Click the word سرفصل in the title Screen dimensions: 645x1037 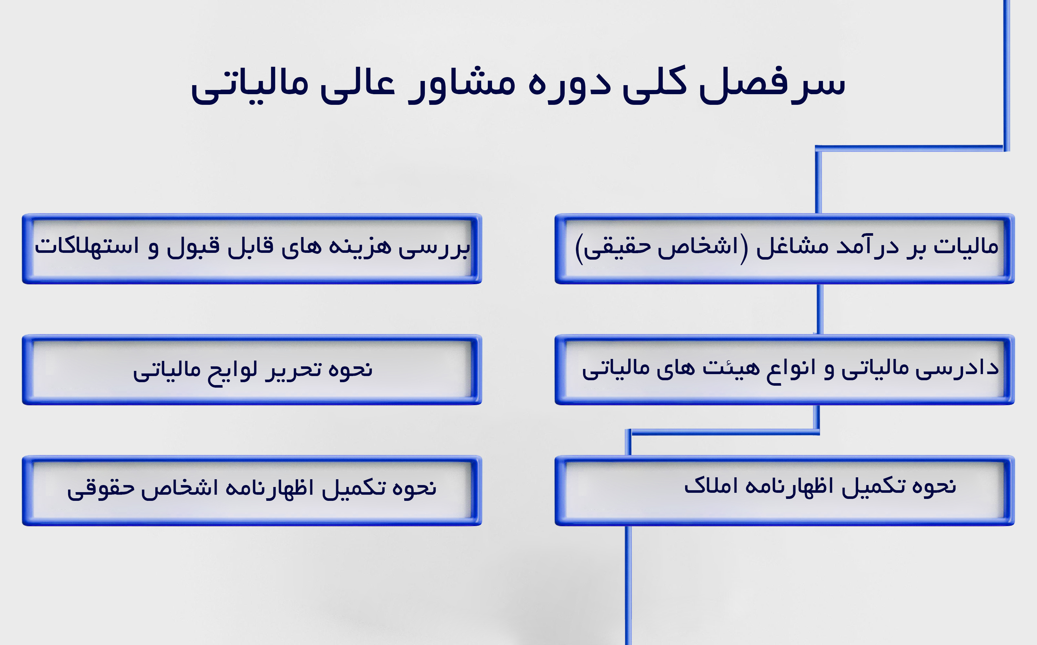(x=772, y=84)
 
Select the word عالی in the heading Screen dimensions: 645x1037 (x=358, y=84)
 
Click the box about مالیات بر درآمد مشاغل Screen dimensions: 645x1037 (x=785, y=249)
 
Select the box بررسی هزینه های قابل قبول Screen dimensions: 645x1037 (x=252, y=249)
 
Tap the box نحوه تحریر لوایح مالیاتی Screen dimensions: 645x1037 (x=252, y=370)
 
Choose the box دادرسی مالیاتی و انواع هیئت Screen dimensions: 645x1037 (x=785, y=370)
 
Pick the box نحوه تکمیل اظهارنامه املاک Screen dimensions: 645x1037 (x=785, y=491)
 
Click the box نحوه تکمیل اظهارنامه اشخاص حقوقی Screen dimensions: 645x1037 (x=252, y=491)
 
